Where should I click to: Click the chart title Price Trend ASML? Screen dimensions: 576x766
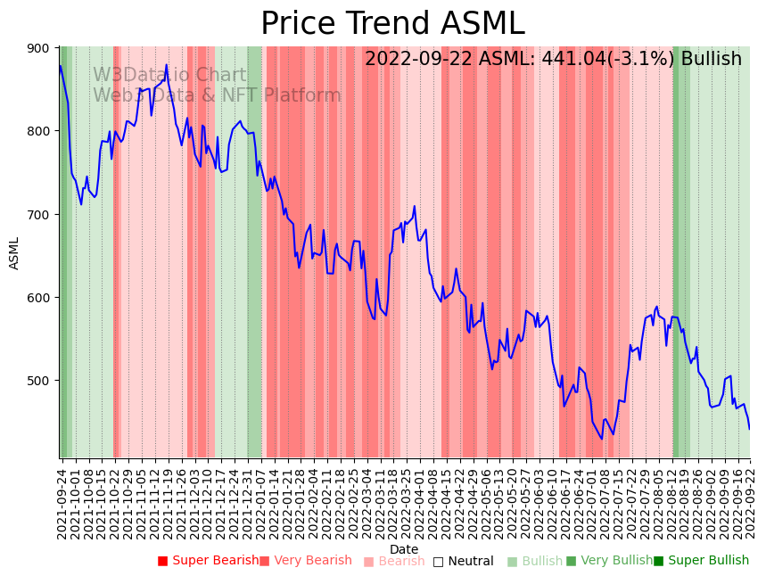[392, 24]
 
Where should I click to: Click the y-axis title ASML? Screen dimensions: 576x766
[14, 252]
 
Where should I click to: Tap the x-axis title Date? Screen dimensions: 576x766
[404, 549]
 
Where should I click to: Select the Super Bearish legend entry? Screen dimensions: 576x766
[208, 561]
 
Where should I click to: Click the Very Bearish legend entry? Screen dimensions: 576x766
[305, 561]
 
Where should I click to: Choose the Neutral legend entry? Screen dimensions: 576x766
[463, 561]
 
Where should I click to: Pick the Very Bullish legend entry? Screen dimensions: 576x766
[609, 561]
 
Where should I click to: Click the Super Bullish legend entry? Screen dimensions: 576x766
[701, 561]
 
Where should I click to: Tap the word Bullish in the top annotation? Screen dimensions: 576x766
[711, 60]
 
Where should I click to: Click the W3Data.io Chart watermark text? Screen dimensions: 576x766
[169, 75]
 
